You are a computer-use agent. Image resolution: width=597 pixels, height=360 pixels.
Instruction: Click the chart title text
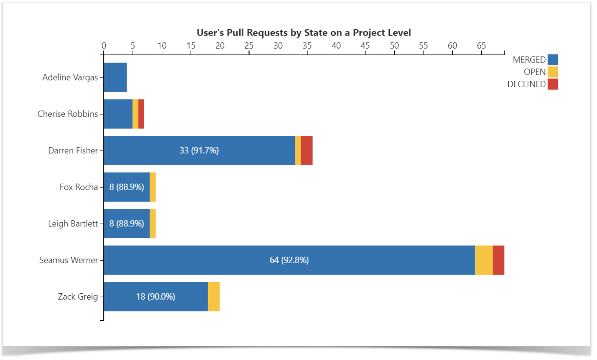304,33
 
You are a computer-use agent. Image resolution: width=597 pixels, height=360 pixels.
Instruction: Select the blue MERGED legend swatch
553,60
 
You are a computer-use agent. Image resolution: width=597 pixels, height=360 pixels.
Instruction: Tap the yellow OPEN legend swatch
553,72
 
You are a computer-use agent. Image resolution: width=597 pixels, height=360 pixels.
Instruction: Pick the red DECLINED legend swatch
553,84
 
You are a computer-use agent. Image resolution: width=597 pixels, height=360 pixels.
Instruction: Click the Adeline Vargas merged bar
115,77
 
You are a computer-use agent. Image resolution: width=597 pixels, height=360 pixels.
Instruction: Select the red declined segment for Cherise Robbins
141,114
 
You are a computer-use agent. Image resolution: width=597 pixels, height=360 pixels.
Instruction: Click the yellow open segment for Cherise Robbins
135,114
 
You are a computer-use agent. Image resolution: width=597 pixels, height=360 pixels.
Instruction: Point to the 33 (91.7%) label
199,151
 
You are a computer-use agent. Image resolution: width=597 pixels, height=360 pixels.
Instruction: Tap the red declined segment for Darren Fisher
307,151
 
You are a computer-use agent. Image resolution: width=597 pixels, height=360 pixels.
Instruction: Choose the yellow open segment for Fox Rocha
153,187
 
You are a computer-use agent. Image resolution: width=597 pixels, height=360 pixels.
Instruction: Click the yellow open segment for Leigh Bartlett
153,224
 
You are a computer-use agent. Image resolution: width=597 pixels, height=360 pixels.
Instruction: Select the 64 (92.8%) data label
289,260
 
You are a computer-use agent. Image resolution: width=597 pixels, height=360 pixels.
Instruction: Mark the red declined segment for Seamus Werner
498,260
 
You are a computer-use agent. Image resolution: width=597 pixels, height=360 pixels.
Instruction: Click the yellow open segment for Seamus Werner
483,260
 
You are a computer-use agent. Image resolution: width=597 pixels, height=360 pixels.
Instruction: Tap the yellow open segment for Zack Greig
213,297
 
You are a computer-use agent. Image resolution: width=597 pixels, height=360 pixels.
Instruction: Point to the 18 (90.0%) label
155,297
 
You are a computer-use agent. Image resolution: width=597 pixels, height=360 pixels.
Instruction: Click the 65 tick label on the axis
481,46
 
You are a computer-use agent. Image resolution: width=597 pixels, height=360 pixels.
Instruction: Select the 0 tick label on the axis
104,46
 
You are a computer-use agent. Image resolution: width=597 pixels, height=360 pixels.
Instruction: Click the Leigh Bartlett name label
73,224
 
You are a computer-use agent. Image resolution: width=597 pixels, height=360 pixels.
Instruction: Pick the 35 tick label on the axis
307,46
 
